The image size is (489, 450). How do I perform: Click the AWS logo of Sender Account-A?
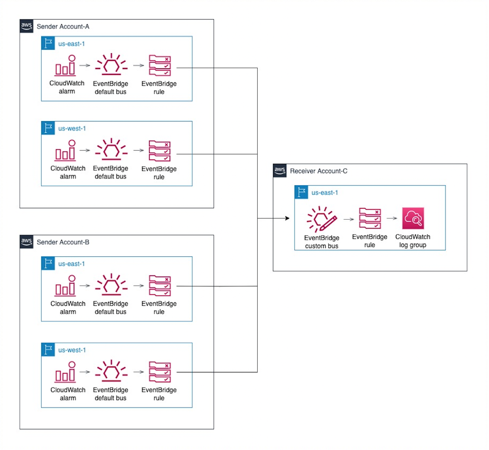(x=27, y=26)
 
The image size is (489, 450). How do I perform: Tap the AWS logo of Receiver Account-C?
(x=280, y=171)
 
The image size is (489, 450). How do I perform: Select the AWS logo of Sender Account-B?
(x=27, y=242)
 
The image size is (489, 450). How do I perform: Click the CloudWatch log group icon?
(x=413, y=218)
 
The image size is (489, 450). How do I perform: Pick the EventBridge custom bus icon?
(x=322, y=219)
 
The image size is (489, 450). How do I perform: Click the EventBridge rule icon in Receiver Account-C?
(x=370, y=218)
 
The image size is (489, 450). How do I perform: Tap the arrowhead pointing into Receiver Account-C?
(x=287, y=218)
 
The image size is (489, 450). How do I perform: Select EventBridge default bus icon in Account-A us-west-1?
(x=111, y=150)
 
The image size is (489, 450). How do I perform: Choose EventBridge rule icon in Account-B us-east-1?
(x=159, y=286)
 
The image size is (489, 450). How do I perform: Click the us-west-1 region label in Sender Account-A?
(x=72, y=128)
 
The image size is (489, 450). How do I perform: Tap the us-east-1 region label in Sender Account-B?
(x=72, y=263)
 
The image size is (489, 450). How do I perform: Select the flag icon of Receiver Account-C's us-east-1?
(x=301, y=192)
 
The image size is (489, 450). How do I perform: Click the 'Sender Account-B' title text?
(x=63, y=242)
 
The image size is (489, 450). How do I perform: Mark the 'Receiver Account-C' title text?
(x=318, y=171)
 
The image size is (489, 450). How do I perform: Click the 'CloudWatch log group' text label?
(x=412, y=241)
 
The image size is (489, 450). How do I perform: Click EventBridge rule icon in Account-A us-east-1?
(x=159, y=66)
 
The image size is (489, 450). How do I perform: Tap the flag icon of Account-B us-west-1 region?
(x=48, y=350)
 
